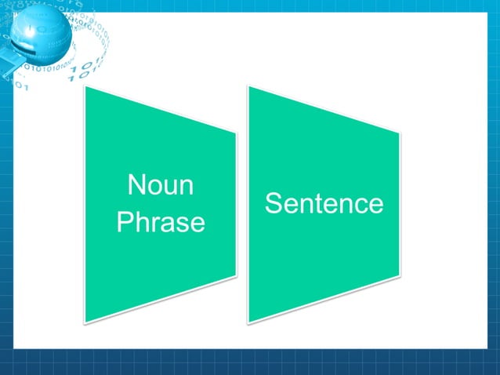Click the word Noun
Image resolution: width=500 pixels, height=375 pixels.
pos(161,187)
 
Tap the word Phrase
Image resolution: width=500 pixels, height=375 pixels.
pos(161,223)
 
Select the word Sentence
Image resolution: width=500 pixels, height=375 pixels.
pos(324,204)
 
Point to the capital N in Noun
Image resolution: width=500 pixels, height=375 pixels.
pos(136,187)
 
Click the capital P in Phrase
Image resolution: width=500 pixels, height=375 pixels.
pos(124,223)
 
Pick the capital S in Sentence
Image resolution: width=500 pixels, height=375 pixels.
pos(274,204)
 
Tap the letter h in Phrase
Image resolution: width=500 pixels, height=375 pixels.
pos(141,223)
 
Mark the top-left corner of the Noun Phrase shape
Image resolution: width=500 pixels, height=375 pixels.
pos(85,86)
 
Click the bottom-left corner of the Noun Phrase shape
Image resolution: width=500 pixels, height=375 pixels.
pos(85,322)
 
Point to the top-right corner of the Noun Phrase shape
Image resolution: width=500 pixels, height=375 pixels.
pos(236,132)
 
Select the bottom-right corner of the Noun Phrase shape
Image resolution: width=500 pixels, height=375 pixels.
pos(236,276)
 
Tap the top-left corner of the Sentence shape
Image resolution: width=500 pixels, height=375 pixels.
pos(248,86)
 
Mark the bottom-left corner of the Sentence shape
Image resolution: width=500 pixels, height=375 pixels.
pos(248,322)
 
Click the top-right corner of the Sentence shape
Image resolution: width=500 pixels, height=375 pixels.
pos(400,132)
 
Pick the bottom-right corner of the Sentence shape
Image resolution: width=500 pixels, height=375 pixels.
pos(400,276)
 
